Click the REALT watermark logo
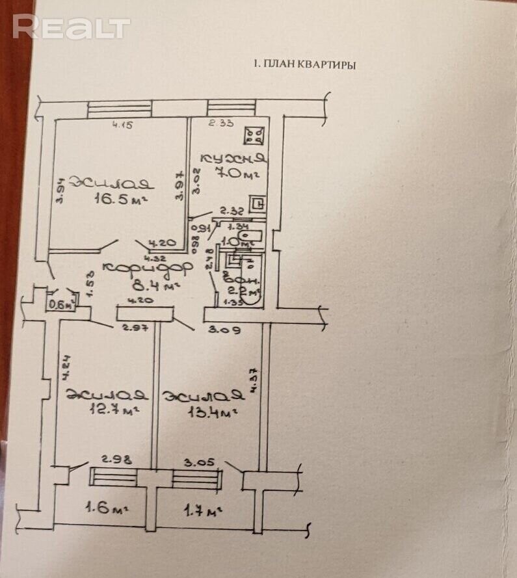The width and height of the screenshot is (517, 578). click(72, 27)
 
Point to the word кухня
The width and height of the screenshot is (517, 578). click(232, 158)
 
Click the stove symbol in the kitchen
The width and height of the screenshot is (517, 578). click(252, 135)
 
